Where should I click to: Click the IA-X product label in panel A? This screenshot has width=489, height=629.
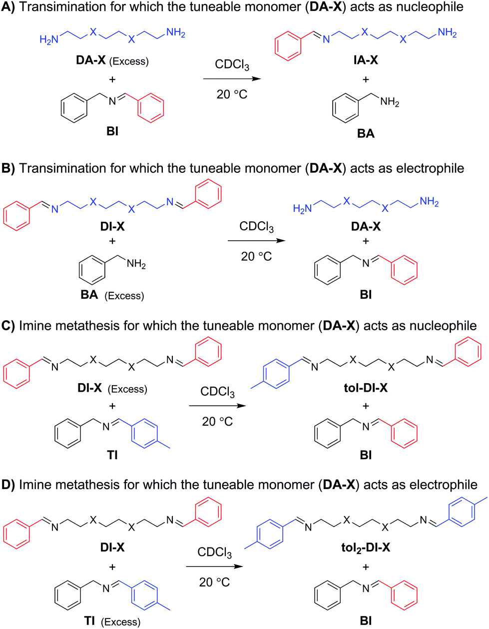pyautogui.click(x=366, y=60)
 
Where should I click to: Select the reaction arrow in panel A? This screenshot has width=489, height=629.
pyautogui.click(x=232, y=79)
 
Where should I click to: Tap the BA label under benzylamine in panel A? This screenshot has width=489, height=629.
pyautogui.click(x=366, y=133)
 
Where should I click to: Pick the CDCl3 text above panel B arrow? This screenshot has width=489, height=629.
pyautogui.click(x=256, y=226)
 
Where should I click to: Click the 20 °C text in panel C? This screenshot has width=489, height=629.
pyautogui.click(x=217, y=422)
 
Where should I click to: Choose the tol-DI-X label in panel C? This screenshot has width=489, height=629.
pyautogui.click(x=366, y=388)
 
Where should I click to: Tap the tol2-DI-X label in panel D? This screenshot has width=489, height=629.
pyautogui.click(x=366, y=548)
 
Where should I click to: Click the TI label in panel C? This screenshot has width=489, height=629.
pyautogui.click(x=112, y=455)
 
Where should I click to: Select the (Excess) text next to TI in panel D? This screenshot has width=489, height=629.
pyautogui.click(x=120, y=622)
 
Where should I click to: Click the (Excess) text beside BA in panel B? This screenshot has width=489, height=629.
pyautogui.click(x=124, y=296)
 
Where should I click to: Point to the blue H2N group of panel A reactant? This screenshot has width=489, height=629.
pyautogui.click(x=49, y=39)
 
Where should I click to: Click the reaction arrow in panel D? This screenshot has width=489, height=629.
pyautogui.click(x=214, y=567)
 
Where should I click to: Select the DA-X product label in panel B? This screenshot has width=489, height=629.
pyautogui.click(x=366, y=226)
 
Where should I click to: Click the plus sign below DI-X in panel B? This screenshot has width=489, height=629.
pyautogui.click(x=112, y=241)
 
